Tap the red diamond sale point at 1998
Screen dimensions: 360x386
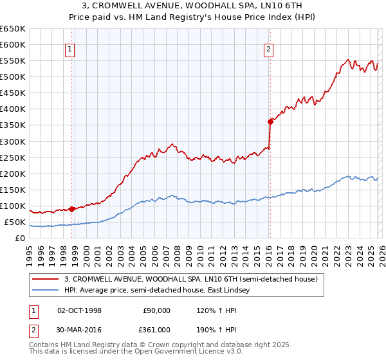71,208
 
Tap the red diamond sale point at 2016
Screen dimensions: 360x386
270,121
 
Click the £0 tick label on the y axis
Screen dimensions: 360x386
20,238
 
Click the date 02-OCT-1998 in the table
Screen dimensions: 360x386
79,310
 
